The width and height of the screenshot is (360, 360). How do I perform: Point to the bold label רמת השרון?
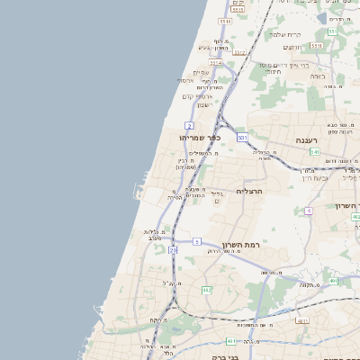pos(240,245)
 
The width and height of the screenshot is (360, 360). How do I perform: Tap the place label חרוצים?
pos(294,47)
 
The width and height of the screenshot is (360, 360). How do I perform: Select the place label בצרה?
pos(318,76)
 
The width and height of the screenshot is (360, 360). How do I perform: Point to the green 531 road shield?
pos(243,138)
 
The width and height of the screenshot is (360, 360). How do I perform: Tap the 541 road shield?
pos(316,152)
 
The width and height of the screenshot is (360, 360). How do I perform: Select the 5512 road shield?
pos(238,9)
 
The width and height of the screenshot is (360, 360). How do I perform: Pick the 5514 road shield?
pos(215,64)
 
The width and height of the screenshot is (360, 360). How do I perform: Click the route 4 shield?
pos(309,211)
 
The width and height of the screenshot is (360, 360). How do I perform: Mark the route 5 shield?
pos(196,241)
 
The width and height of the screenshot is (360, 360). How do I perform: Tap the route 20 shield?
pos(173,250)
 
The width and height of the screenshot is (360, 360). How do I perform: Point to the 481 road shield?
pos(333,281)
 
